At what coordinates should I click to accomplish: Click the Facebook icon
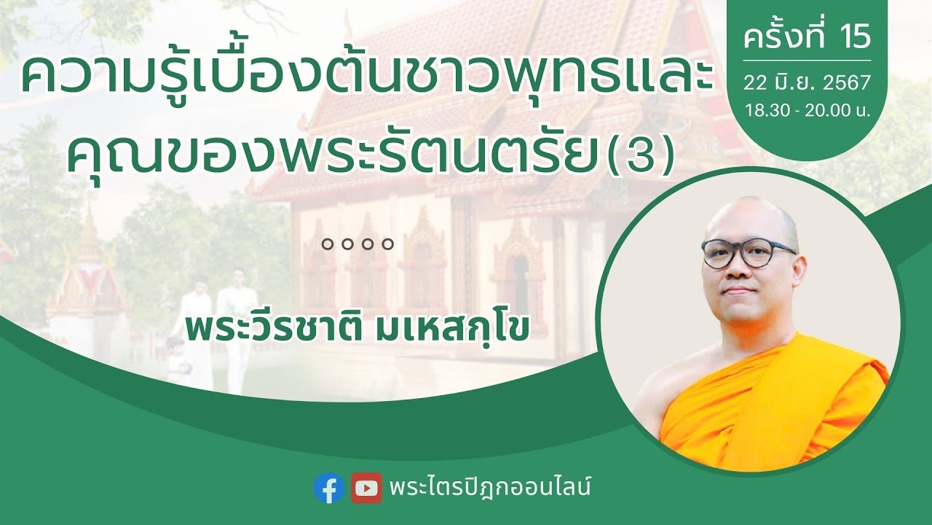(329, 488)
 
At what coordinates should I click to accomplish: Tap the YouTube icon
(366, 488)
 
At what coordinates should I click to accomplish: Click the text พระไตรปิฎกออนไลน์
(489, 487)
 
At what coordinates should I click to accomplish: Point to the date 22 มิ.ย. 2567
(807, 82)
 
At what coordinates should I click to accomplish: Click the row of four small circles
(358, 244)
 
